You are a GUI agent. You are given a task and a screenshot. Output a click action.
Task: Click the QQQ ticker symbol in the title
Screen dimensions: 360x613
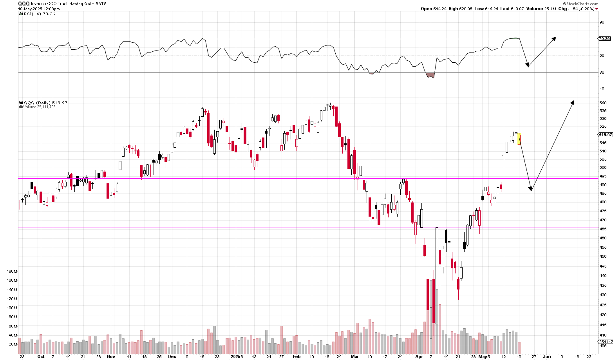(24, 4)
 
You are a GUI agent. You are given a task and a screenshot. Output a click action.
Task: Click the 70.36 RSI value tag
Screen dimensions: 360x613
(604, 39)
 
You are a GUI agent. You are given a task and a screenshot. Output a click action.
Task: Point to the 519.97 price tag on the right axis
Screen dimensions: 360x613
(605, 135)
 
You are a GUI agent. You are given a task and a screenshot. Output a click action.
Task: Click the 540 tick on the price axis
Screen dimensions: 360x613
(603, 103)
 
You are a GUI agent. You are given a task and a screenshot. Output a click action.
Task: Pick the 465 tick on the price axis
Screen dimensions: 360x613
(603, 229)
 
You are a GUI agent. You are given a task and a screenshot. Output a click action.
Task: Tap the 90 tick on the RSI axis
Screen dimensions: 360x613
(602, 22)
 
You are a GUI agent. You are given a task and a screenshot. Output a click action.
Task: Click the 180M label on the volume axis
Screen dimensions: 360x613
(12, 271)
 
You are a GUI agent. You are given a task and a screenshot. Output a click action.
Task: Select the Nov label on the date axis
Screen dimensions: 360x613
(111, 357)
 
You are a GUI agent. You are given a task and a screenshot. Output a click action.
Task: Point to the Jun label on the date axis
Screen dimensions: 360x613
(547, 357)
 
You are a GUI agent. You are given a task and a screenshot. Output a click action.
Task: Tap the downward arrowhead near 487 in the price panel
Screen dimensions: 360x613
(531, 189)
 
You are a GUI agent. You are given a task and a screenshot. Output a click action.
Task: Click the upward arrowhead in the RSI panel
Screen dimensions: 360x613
(554, 38)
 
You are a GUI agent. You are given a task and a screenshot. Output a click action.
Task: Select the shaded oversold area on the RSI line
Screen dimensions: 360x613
(430, 75)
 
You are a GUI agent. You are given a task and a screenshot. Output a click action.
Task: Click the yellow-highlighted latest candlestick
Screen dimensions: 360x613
(519, 139)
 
